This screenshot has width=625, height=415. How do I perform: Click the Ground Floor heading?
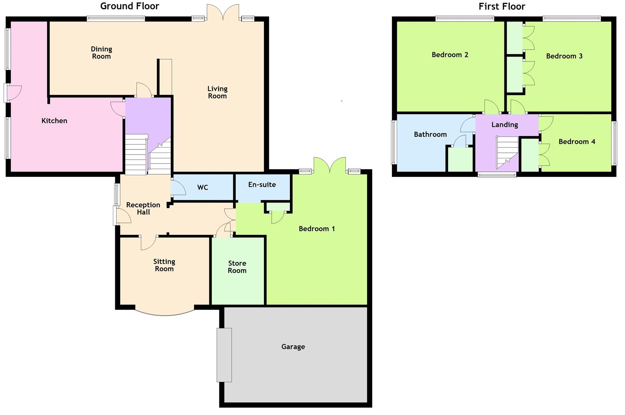click(x=129, y=6)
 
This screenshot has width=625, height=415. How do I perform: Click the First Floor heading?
click(x=502, y=7)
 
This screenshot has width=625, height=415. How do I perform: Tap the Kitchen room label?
click(x=54, y=121)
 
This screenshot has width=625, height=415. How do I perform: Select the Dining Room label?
click(x=101, y=53)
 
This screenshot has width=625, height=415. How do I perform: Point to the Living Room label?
click(x=217, y=92)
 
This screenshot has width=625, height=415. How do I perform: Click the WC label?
click(x=202, y=188)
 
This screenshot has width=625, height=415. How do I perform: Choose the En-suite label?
click(x=262, y=184)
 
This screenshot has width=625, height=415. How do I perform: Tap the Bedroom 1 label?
click(x=317, y=229)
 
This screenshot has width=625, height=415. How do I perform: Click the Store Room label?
click(x=237, y=267)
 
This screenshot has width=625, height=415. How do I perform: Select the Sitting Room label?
click(x=164, y=265)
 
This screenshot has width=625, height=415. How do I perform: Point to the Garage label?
click(x=293, y=347)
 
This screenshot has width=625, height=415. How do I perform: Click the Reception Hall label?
click(x=143, y=208)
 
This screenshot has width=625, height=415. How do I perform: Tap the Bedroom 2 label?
click(x=450, y=55)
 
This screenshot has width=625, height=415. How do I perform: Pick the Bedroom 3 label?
click(x=564, y=56)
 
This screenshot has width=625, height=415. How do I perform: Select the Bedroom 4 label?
click(x=577, y=142)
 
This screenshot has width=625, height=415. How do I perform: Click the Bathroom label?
click(x=430, y=134)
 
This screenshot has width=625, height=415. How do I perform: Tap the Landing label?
click(x=504, y=124)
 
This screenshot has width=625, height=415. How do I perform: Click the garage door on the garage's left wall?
click(x=224, y=355)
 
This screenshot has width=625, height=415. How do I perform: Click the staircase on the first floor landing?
click(x=507, y=152)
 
